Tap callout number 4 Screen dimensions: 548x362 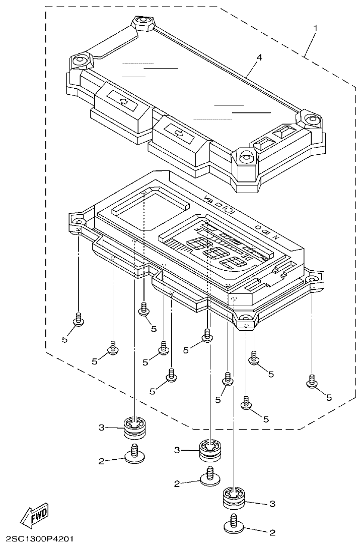(x=259, y=58)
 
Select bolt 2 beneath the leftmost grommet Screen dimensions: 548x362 (x=134, y=453)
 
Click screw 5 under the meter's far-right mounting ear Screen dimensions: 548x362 (x=312, y=382)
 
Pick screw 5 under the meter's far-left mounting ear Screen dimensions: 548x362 (x=79, y=319)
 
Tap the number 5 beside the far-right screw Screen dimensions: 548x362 (x=329, y=397)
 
